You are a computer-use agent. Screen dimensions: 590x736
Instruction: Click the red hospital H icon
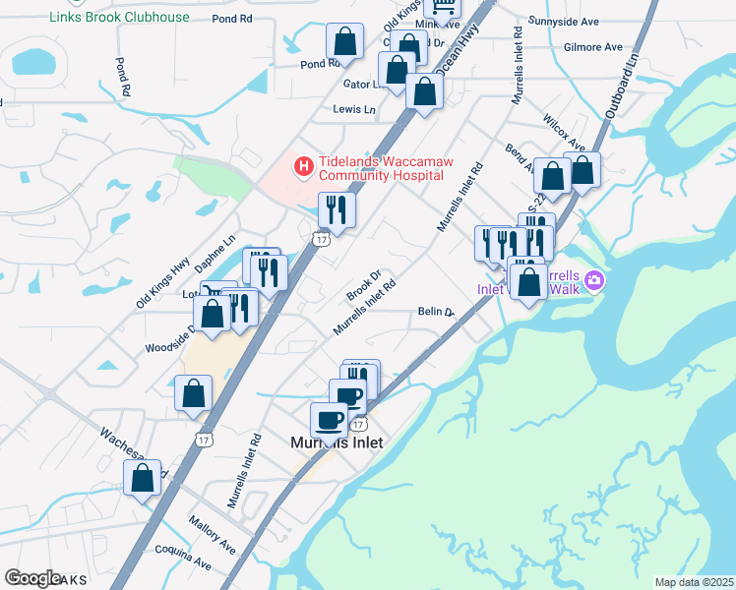(303, 168)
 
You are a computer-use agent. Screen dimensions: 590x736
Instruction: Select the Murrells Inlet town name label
(337, 442)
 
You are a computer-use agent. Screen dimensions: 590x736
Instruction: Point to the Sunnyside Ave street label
(590, 20)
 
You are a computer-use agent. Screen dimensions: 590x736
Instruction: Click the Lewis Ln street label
(354, 109)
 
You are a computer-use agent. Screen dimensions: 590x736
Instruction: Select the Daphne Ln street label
(215, 253)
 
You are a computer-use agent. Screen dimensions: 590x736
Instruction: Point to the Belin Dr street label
(435, 311)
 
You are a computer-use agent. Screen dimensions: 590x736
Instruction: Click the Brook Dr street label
(362, 286)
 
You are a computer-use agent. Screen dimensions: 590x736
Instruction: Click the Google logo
(32, 578)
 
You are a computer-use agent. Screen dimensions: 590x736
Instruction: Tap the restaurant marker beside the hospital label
(337, 209)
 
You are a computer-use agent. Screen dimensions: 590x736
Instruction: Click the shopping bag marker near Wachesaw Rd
(143, 478)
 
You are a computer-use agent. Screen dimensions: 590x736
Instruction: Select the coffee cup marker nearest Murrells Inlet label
(329, 419)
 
